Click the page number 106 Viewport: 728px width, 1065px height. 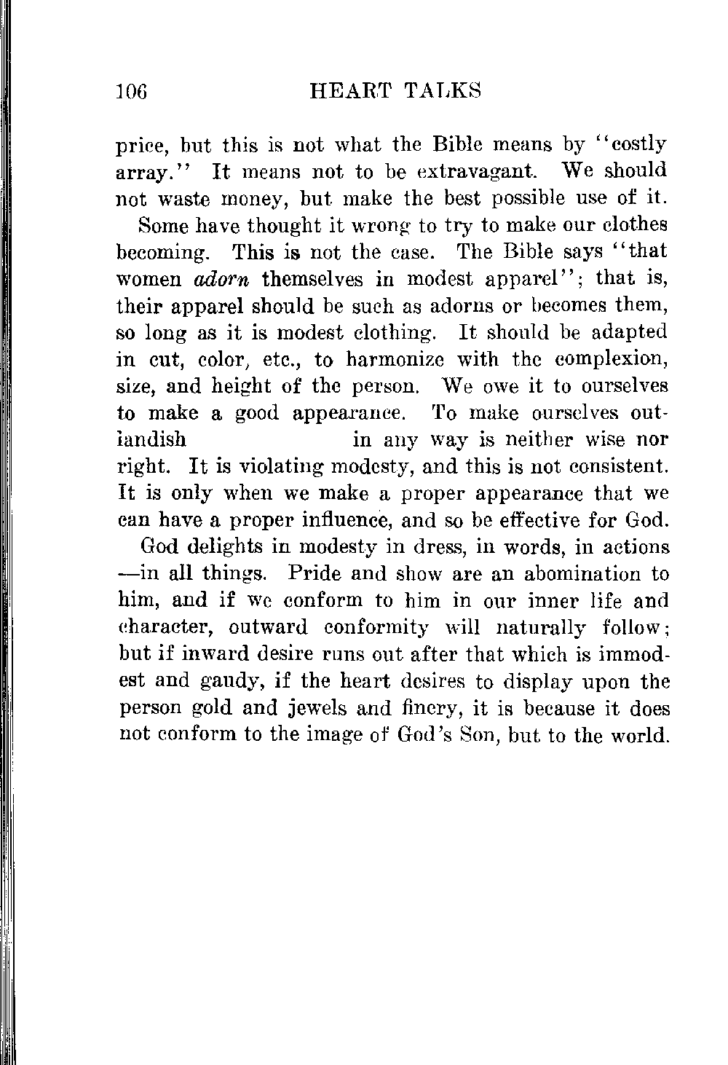pyautogui.click(x=132, y=92)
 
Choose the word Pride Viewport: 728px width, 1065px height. pyautogui.click(x=315, y=574)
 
